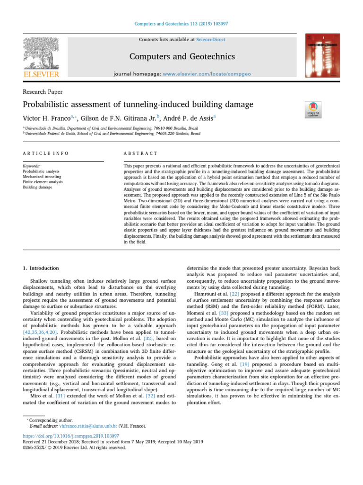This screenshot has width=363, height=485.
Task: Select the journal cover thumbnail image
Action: pos(322,55)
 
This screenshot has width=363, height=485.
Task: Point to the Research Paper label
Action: pos(43,91)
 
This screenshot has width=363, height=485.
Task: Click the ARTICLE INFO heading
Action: pos(45,153)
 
